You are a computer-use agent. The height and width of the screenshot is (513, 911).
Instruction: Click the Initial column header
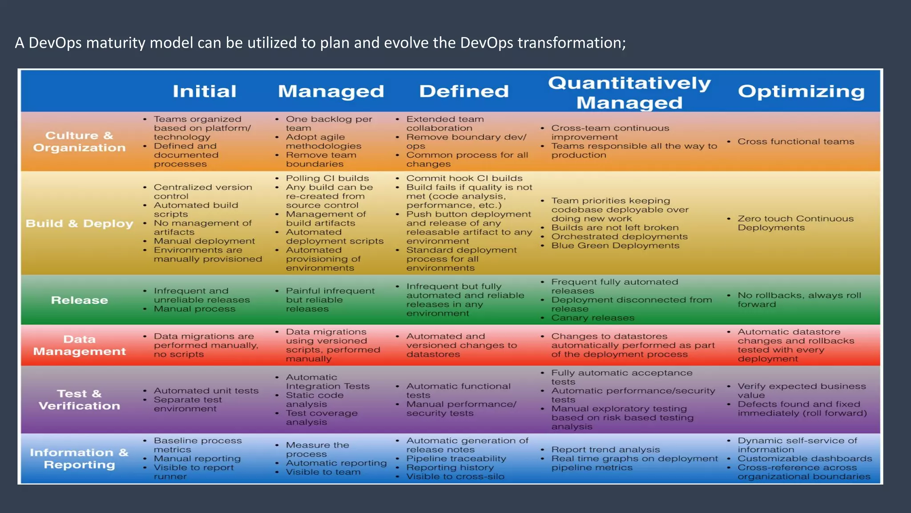point(204,91)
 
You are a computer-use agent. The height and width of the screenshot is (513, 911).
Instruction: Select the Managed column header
point(331,91)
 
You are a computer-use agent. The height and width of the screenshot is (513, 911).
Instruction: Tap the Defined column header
point(464,91)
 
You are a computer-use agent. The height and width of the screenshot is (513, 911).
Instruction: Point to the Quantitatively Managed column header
point(629,93)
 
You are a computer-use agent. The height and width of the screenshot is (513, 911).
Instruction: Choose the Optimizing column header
point(801,91)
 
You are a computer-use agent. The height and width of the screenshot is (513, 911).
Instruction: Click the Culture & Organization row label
point(79,142)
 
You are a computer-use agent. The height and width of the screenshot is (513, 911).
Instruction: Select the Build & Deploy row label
point(79,224)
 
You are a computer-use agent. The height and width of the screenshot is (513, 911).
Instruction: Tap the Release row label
point(79,300)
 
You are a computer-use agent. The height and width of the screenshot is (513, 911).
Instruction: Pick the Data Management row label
point(79,345)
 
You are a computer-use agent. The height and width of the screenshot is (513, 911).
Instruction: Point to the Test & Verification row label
point(79,400)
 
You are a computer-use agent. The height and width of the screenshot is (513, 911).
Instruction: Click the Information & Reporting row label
point(79,459)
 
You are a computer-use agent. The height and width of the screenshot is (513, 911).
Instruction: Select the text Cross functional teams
point(796,142)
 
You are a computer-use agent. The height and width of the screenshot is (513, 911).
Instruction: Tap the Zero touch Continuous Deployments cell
point(795,223)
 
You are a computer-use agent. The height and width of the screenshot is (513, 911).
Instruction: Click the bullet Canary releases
point(593,318)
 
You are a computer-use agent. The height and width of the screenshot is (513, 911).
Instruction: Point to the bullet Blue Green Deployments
point(615,246)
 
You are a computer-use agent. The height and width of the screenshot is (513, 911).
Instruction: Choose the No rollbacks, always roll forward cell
point(799,300)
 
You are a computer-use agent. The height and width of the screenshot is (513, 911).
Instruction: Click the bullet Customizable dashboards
point(805,459)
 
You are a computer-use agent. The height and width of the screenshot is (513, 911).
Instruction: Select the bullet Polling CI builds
point(327,179)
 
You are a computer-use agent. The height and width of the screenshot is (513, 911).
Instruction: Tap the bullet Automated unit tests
point(206,391)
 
